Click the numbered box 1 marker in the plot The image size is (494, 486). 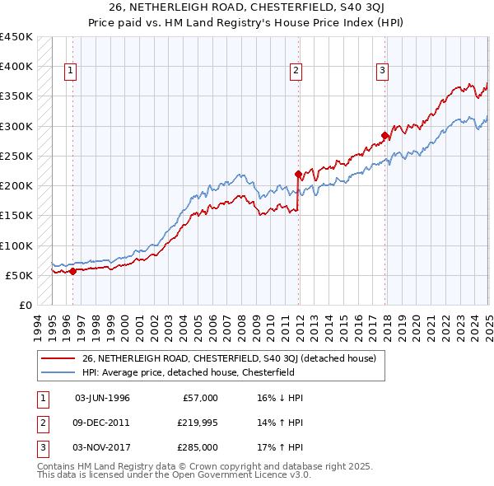coord(72,72)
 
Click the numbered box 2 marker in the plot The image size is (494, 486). coord(295,72)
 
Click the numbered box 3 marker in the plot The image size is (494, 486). coord(383,72)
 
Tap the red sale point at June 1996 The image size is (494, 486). coord(72,270)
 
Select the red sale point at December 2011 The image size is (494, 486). coord(299,174)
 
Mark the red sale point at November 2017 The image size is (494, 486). coord(384,135)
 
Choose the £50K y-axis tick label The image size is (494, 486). coord(19,275)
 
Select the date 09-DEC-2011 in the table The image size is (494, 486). coord(102,423)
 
